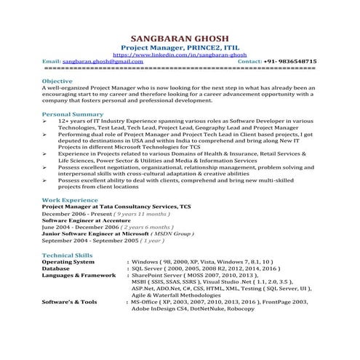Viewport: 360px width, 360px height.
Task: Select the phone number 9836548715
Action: tap(293, 62)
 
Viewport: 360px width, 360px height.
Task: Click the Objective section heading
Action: tap(57, 81)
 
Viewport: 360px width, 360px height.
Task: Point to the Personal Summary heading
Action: tap(73, 114)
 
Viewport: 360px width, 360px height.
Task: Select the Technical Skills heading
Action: tap(67, 255)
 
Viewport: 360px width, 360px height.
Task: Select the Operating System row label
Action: tap(73, 262)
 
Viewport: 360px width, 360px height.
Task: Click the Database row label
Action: tap(56, 268)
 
